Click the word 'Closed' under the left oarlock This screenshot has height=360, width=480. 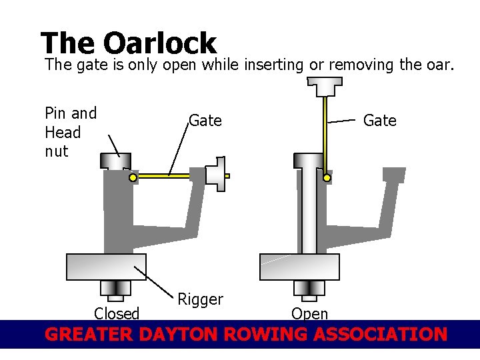pos(117,313)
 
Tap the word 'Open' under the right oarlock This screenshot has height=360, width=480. pos(310,313)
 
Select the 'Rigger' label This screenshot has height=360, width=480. pos(200,299)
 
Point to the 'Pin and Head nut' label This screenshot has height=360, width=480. pos(70,132)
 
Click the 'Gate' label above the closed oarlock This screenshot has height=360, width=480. pos(205,121)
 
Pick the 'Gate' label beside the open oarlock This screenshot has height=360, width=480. pos(379,121)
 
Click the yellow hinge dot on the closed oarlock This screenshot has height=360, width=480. pos(133,178)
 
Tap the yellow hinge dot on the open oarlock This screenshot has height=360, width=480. pos(327,178)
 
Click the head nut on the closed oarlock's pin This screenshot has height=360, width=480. pos(115,161)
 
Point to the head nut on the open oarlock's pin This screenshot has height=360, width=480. pos(309,161)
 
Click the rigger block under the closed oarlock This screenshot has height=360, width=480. pos(106,267)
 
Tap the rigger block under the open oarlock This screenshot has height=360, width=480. pos(299,267)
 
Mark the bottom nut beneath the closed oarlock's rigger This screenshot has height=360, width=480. pos(115,288)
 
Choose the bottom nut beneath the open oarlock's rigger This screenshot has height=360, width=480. pos(309,288)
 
